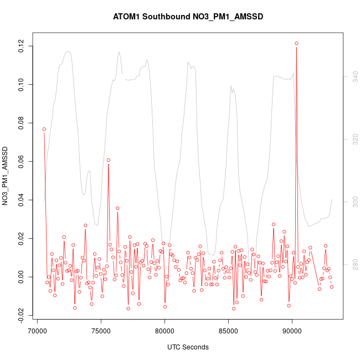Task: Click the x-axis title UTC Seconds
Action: click(188, 347)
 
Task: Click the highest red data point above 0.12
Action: click(296, 43)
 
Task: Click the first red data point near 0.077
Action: click(44, 129)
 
